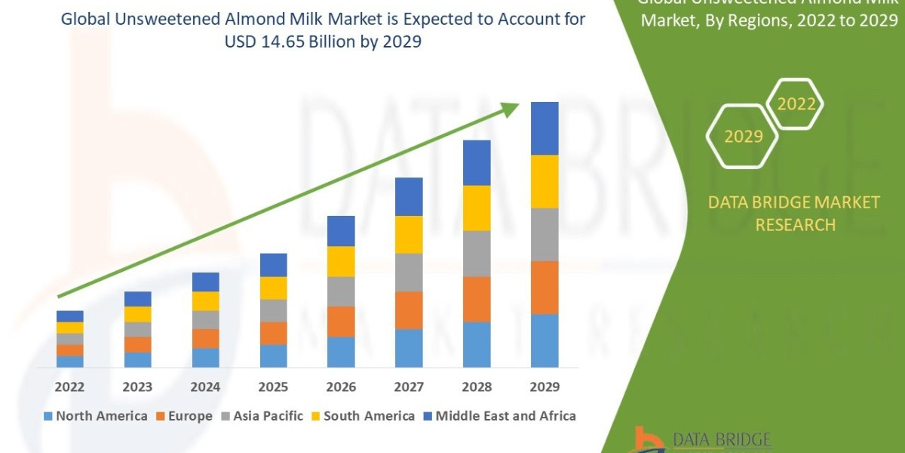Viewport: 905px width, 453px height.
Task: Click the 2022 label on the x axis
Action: pyautogui.click(x=69, y=387)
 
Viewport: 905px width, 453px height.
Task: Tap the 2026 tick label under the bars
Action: pyautogui.click(x=341, y=387)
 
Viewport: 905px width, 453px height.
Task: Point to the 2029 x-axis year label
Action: pyautogui.click(x=545, y=387)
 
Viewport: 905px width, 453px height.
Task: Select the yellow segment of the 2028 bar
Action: pyautogui.click(x=477, y=208)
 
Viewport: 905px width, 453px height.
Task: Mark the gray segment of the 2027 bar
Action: pyautogui.click(x=409, y=273)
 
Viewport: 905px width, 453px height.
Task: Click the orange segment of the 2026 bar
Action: pyautogui.click(x=341, y=322)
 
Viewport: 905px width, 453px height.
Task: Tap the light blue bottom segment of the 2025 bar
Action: pyautogui.click(x=273, y=356)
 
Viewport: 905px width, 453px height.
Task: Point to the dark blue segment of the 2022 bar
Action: pyautogui.click(x=69, y=316)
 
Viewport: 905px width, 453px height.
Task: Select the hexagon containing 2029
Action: pyautogui.click(x=743, y=137)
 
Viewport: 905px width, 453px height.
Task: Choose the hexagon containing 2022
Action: pyautogui.click(x=796, y=104)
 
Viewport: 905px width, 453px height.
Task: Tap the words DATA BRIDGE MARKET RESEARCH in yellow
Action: pyautogui.click(x=795, y=214)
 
